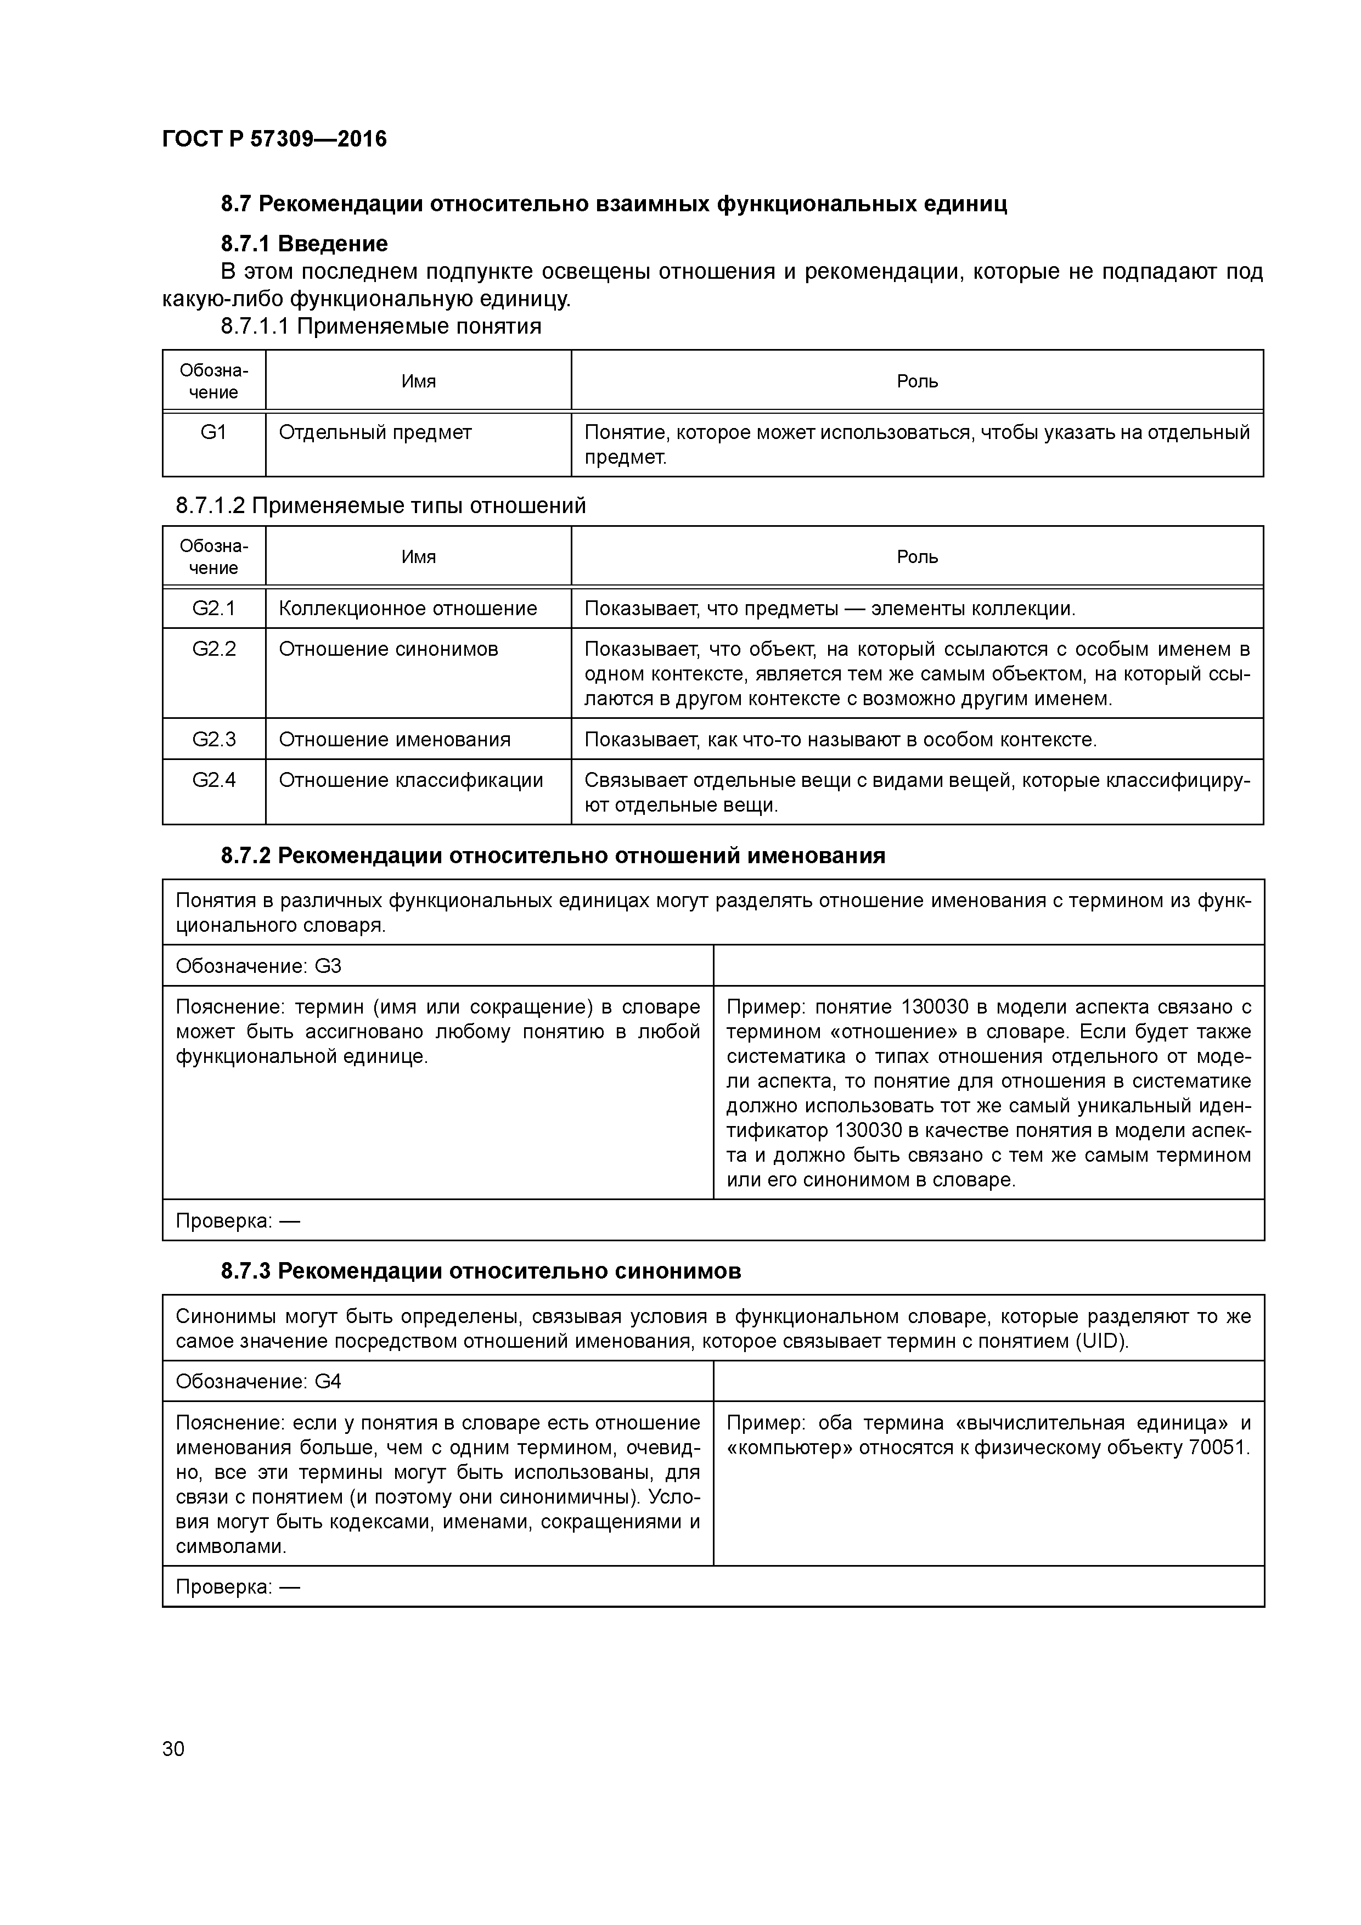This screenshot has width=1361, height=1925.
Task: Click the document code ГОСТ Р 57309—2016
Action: tap(274, 139)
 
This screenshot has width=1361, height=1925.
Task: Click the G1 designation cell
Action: tap(214, 432)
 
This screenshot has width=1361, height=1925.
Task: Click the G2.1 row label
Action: tap(214, 609)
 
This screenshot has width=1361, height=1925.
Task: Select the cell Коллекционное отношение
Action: tap(408, 609)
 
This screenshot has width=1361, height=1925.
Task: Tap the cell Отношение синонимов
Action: tap(388, 649)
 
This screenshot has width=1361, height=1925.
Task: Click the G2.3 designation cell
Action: tap(214, 740)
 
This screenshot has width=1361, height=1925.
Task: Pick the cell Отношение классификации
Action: tap(411, 780)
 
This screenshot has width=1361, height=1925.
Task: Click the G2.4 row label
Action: tap(214, 780)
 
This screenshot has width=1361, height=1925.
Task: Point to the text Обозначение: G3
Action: tap(258, 966)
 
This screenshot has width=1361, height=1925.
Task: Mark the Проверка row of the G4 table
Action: tap(237, 1587)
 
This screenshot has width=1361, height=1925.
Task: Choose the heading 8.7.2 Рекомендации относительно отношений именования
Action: tap(553, 856)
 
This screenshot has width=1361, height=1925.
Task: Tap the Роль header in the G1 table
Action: tap(916, 381)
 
